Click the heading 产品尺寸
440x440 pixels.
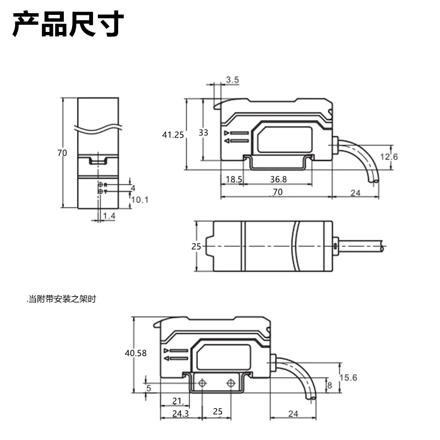tap(68, 24)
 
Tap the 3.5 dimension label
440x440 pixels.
tap(232, 80)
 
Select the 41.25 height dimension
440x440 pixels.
tap(173, 134)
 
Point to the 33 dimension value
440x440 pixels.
tap(203, 133)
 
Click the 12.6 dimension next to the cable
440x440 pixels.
tap(388, 157)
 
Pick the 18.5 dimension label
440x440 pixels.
tap(234, 179)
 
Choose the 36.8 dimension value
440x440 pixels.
tap(278, 179)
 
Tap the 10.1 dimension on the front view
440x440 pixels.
tap(140, 200)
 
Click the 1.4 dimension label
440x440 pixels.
tap(109, 216)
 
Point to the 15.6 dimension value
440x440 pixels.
tap(349, 377)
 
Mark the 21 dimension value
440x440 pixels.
tap(177, 401)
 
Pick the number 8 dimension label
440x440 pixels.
tap(329, 386)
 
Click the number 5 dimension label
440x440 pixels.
tap(148, 388)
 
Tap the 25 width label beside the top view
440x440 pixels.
tap(196, 246)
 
